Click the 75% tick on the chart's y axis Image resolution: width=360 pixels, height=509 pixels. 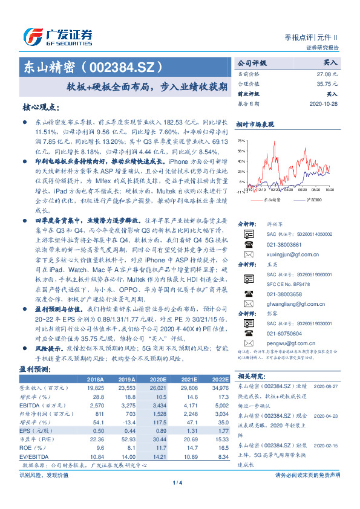[241, 140]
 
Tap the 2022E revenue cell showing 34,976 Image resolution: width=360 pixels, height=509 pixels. [218, 387]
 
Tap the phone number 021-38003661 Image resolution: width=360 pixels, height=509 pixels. [281, 245]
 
